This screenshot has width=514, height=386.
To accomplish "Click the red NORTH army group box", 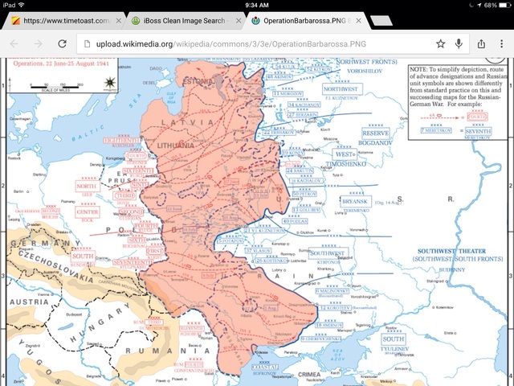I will click(x=86, y=186).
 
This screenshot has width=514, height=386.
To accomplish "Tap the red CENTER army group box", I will click(x=87, y=211).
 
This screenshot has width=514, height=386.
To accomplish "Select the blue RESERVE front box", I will click(x=375, y=133).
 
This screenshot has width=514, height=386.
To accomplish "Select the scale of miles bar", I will click(x=47, y=82).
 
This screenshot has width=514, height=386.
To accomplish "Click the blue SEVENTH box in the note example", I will click(x=480, y=129).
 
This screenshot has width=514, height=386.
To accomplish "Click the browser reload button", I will click(x=62, y=43).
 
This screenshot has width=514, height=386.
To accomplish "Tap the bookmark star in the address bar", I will click(x=440, y=43).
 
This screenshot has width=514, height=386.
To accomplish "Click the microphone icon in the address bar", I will click(x=459, y=43).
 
